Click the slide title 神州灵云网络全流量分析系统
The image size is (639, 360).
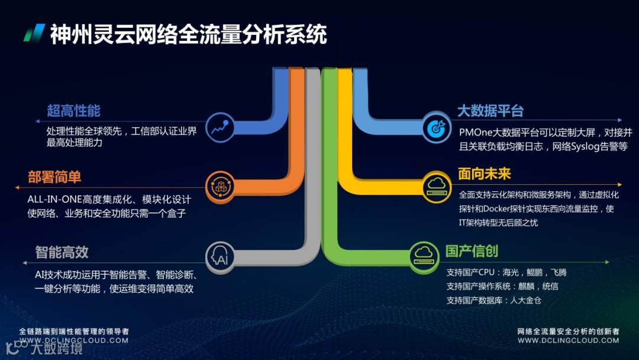[188, 34]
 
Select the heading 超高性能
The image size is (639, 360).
[73, 111]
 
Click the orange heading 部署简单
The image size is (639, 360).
[54, 177]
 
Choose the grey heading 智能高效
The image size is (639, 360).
[62, 252]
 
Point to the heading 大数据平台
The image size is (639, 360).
[490, 111]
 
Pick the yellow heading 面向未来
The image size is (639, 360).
[484, 174]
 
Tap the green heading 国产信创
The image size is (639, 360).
[472, 251]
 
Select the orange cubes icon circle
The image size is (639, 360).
[220, 186]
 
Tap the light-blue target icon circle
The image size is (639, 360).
[436, 127]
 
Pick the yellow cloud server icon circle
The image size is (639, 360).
[437, 185]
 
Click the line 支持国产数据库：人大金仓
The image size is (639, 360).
[493, 300]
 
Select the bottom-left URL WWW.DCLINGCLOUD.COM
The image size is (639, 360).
[74, 340]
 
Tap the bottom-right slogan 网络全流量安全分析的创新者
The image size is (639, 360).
[568, 332]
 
